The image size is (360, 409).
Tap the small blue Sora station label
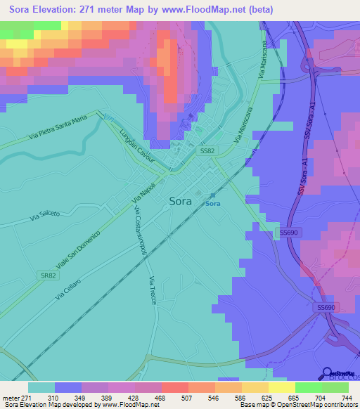[213, 204]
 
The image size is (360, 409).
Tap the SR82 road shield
[48, 275]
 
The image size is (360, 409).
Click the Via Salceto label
[46, 216]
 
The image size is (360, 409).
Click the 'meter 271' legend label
[18, 397]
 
